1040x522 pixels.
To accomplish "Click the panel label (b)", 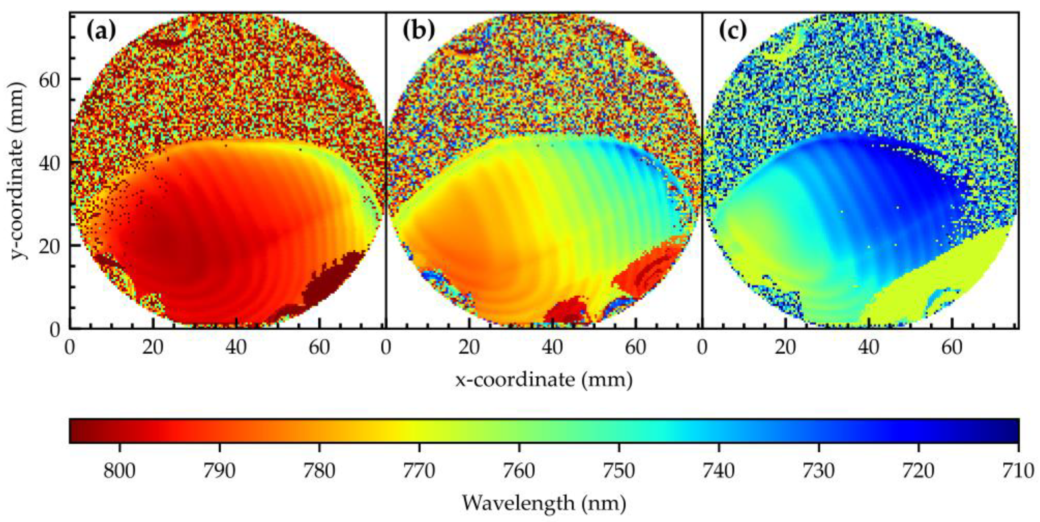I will tap(419, 31).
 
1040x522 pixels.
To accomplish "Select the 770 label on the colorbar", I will tap(419, 470).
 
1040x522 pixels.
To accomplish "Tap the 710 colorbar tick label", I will tap(1018, 470).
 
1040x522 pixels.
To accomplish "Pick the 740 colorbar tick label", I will tap(719, 470).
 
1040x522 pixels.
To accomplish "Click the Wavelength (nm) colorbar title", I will tap(544, 503).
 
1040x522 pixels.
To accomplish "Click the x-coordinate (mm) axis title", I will tap(544, 380).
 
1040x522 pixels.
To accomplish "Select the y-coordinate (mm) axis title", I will tap(19, 170).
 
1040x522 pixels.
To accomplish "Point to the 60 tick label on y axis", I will tap(49, 79).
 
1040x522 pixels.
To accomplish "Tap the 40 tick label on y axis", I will tap(49, 163).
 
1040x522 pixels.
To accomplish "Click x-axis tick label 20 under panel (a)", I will tap(152, 347).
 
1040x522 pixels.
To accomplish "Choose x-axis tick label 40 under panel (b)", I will tap(552, 347).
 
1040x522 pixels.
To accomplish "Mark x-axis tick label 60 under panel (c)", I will tap(952, 347).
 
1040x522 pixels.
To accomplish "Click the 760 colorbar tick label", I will tap(519, 470).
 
